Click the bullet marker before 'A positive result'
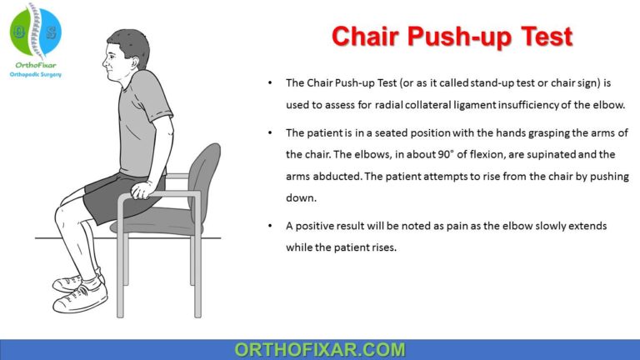(269, 227)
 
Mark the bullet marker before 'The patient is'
(269, 131)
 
